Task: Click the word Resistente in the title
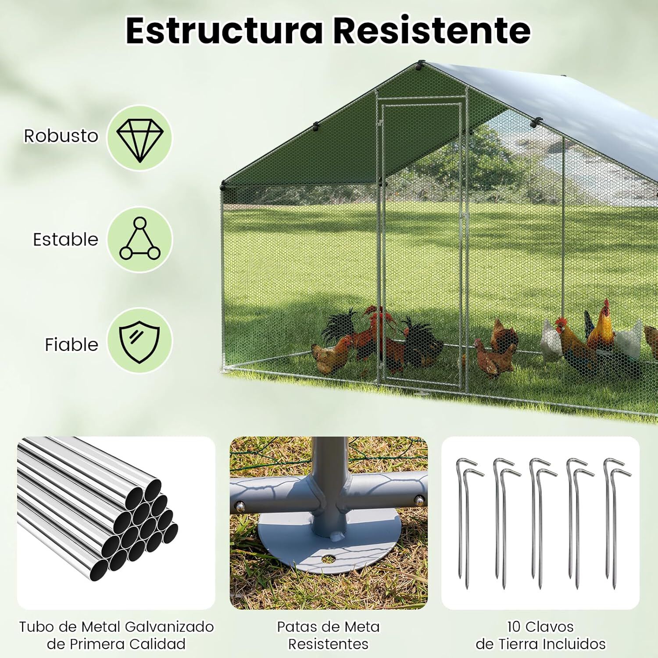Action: click(432, 31)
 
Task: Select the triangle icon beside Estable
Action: click(140, 240)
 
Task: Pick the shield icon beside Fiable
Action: click(140, 341)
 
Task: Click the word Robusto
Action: click(61, 136)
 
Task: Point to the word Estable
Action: click(65, 240)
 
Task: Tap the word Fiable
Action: click(72, 345)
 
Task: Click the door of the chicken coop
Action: click(421, 241)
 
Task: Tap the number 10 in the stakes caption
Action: click(514, 626)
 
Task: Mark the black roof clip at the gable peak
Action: click(421, 65)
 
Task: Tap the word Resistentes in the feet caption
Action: click(328, 644)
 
